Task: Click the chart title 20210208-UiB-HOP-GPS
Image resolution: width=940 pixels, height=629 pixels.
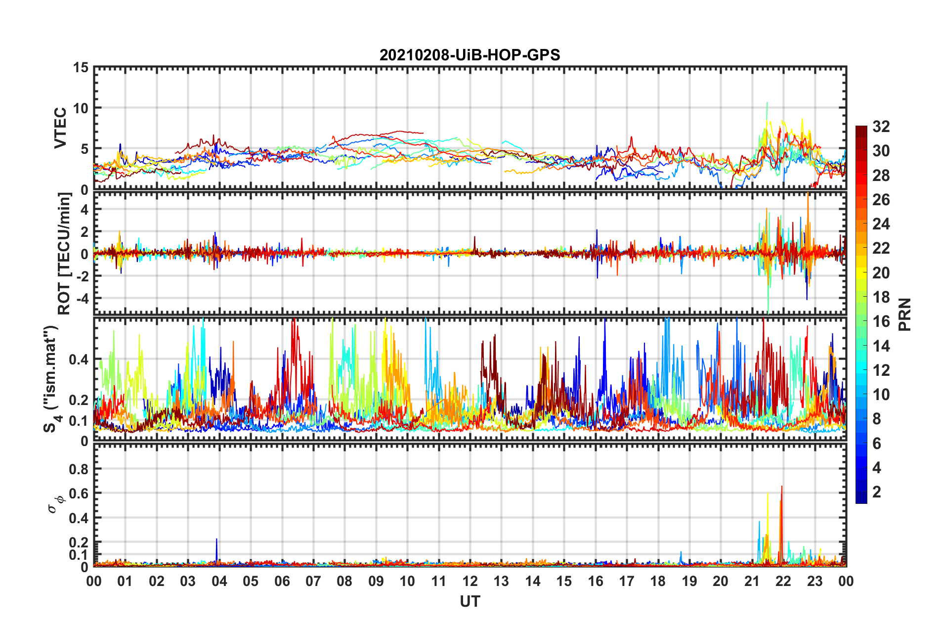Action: click(x=470, y=55)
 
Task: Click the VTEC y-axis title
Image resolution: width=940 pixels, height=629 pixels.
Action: click(x=60, y=128)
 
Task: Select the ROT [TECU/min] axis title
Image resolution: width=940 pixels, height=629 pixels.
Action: click(x=64, y=253)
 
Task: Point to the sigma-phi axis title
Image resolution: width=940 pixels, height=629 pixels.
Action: click(x=55, y=504)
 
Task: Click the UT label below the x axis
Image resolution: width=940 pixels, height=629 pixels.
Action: click(x=470, y=601)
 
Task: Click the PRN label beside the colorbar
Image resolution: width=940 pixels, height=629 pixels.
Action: click(x=905, y=314)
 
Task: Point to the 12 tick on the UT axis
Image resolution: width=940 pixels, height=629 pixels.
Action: click(x=470, y=581)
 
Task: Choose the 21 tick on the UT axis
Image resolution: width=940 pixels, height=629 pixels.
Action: click(x=752, y=581)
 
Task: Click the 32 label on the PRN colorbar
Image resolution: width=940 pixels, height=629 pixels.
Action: click(x=881, y=127)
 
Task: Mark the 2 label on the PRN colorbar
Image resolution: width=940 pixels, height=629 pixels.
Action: click(x=877, y=492)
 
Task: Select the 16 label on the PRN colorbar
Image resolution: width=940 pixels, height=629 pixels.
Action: click(x=881, y=321)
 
